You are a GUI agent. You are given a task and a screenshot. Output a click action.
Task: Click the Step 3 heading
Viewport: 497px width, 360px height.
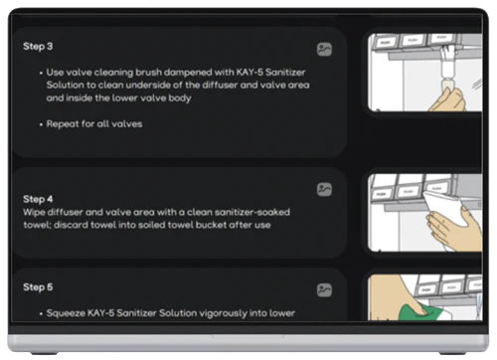point(38,46)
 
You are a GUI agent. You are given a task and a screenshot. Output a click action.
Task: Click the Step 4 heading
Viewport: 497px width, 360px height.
point(38,199)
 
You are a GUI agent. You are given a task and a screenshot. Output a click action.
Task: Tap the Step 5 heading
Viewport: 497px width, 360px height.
point(38,287)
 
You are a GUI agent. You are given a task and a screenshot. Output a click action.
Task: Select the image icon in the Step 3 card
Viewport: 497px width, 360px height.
point(324,50)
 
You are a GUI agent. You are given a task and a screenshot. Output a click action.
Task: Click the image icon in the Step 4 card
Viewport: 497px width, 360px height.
point(324,189)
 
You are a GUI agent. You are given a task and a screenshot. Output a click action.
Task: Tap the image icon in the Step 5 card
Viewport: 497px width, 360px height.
point(324,290)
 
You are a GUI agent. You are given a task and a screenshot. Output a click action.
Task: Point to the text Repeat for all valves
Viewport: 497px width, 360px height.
point(94,124)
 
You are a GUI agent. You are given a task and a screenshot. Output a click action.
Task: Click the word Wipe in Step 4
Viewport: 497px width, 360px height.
point(34,212)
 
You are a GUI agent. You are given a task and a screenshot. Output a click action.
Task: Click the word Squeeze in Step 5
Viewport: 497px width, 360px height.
point(66,313)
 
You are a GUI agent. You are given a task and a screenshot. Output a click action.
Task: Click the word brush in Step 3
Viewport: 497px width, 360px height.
point(148,72)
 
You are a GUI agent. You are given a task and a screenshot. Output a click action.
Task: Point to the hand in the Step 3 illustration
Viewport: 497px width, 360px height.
point(450,100)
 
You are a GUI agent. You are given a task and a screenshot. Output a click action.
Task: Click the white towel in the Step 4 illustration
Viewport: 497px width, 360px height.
point(445,211)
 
